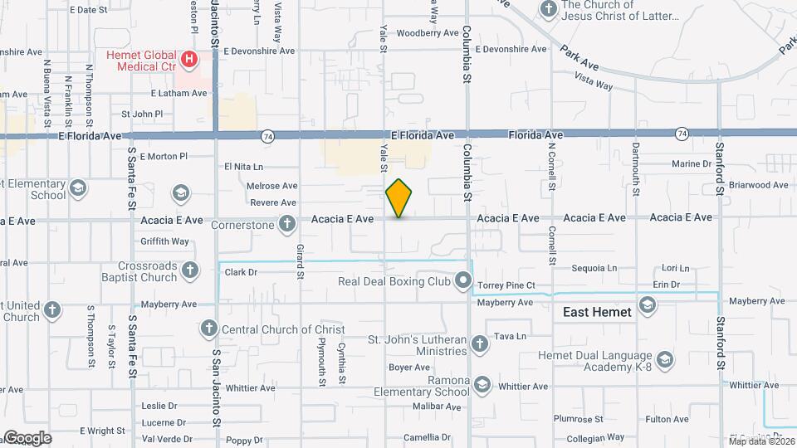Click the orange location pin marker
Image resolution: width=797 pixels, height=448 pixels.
tap(399, 198)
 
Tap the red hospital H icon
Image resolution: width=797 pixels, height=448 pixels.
tap(189, 59)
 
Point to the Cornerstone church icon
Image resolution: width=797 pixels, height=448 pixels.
tap(287, 223)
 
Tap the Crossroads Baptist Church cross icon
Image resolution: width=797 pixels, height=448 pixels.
tap(190, 270)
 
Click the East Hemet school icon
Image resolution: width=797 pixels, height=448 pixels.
tap(648, 306)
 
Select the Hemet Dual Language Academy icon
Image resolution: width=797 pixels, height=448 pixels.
tap(664, 359)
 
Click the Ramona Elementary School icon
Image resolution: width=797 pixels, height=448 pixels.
tap(483, 386)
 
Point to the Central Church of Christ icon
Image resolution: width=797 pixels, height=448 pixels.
tap(208, 329)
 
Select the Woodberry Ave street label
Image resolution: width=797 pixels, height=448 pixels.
tap(428, 34)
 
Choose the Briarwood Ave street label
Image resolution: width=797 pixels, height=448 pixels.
tap(760, 185)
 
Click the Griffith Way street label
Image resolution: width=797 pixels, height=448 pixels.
tap(165, 241)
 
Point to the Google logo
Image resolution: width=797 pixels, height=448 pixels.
tap(27, 438)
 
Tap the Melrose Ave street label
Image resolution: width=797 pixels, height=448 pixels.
tap(272, 186)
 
